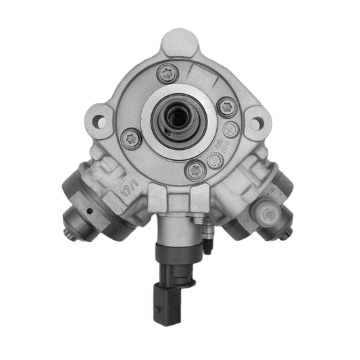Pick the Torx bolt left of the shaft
click(x=131, y=139)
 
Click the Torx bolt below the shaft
click(x=195, y=170)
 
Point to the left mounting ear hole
click(x=100, y=122)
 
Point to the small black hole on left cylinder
click(x=90, y=211)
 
